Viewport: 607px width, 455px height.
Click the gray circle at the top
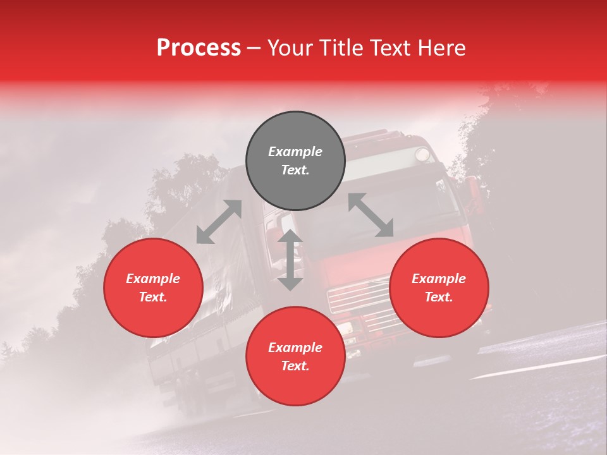pos(295,161)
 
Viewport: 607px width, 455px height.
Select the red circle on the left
pos(153,288)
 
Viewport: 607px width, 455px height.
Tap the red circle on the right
pos(439,288)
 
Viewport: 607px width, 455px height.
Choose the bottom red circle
pos(295,356)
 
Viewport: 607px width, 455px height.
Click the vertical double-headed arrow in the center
pos(290,260)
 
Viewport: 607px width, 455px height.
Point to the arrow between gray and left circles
pos(219,222)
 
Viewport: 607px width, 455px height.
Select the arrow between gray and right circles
pos(371,215)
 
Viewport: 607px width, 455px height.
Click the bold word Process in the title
pos(199,47)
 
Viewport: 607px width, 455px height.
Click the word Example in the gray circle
pos(295,152)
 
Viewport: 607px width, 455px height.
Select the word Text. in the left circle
pos(153,297)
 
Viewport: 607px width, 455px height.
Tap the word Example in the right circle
pos(439,279)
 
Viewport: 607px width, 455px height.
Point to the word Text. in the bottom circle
pos(295,366)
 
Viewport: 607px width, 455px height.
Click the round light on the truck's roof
pos(421,154)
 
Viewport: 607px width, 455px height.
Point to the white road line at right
pos(537,367)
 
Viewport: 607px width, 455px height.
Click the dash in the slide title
pos(254,49)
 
